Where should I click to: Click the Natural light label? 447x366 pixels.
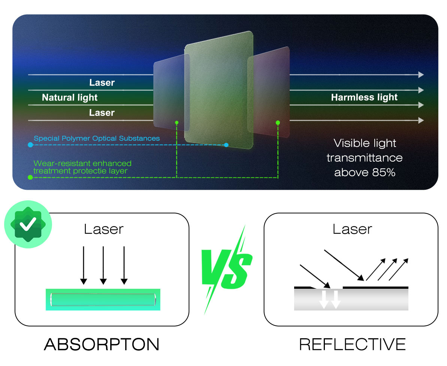pyautogui.click(x=69, y=97)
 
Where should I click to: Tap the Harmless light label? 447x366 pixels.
pyautogui.click(x=364, y=97)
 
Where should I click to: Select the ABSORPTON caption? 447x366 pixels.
pyautogui.click(x=102, y=344)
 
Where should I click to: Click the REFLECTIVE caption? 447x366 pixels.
pyautogui.click(x=352, y=344)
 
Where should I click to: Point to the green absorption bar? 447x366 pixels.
pyautogui.click(x=103, y=300)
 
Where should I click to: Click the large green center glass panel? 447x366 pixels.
pyautogui.click(x=219, y=90)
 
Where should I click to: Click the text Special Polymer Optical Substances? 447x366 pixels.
pyautogui.click(x=97, y=138)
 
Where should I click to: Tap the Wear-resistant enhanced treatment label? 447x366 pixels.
pyautogui.click(x=82, y=167)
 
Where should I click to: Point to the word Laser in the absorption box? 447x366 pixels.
pyautogui.click(x=103, y=229)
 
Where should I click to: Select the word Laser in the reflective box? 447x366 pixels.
pyautogui.click(x=352, y=229)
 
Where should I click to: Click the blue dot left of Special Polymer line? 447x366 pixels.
pyautogui.click(x=30, y=145)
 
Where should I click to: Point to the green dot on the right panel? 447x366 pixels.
pyautogui.click(x=278, y=123)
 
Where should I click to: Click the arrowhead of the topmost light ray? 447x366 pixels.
pyautogui.click(x=421, y=75)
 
